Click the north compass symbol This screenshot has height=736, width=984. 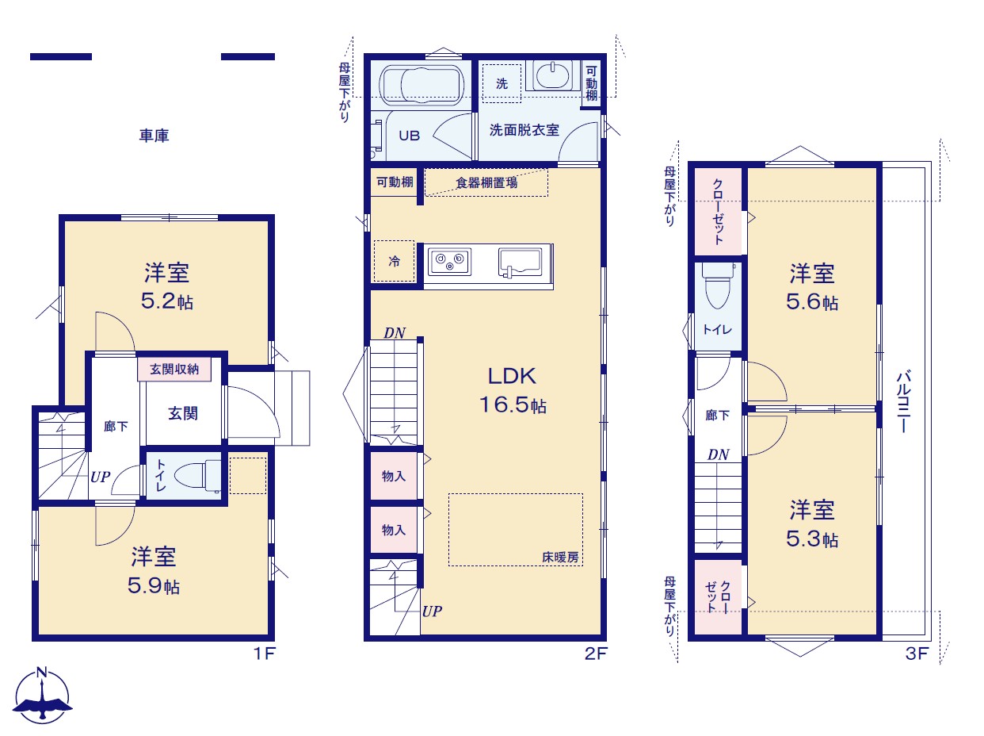(x=42, y=696)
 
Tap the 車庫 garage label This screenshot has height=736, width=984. (x=154, y=136)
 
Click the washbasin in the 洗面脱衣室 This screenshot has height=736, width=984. (x=552, y=75)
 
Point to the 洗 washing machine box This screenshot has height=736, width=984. (x=502, y=83)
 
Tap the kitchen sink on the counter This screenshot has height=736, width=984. (x=520, y=262)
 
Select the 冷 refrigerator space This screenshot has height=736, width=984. (x=394, y=261)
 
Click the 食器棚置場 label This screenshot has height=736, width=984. (x=486, y=182)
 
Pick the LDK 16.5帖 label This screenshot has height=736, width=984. (x=513, y=390)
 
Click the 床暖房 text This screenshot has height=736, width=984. (x=560, y=558)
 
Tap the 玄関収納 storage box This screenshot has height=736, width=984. (x=174, y=370)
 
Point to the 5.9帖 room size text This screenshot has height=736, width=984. (x=154, y=585)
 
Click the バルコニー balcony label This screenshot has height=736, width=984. (x=903, y=401)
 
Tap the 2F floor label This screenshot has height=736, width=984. (x=595, y=654)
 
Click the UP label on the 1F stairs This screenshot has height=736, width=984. (x=100, y=477)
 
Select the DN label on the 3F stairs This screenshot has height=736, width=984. (x=718, y=454)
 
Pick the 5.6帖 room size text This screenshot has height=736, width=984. (x=812, y=301)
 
